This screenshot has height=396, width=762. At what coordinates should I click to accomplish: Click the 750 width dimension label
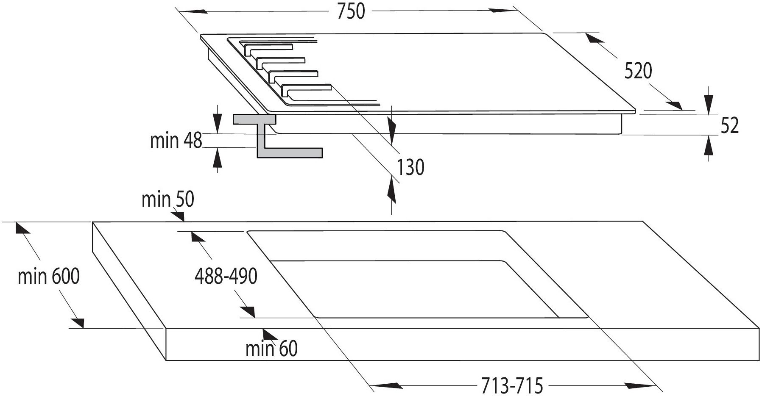pos(351,11)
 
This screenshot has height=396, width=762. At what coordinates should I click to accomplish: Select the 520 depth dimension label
pos(638,71)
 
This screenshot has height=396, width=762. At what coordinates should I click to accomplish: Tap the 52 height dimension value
pos(730,125)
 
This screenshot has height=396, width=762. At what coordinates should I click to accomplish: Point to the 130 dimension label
pos(410,167)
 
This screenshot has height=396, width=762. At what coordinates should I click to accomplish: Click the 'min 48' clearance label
pos(176,140)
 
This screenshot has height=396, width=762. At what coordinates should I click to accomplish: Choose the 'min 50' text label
pos(168,199)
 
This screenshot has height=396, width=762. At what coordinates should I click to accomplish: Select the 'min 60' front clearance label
pos(271,349)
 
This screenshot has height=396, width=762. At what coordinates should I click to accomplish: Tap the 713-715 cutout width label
pos(512,385)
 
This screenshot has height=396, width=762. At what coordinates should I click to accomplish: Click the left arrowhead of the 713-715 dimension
pos(386,386)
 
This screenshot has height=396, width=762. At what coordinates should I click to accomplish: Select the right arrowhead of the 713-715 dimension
pos(641,386)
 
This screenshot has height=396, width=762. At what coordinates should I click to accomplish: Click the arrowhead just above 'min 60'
pos(269,334)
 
